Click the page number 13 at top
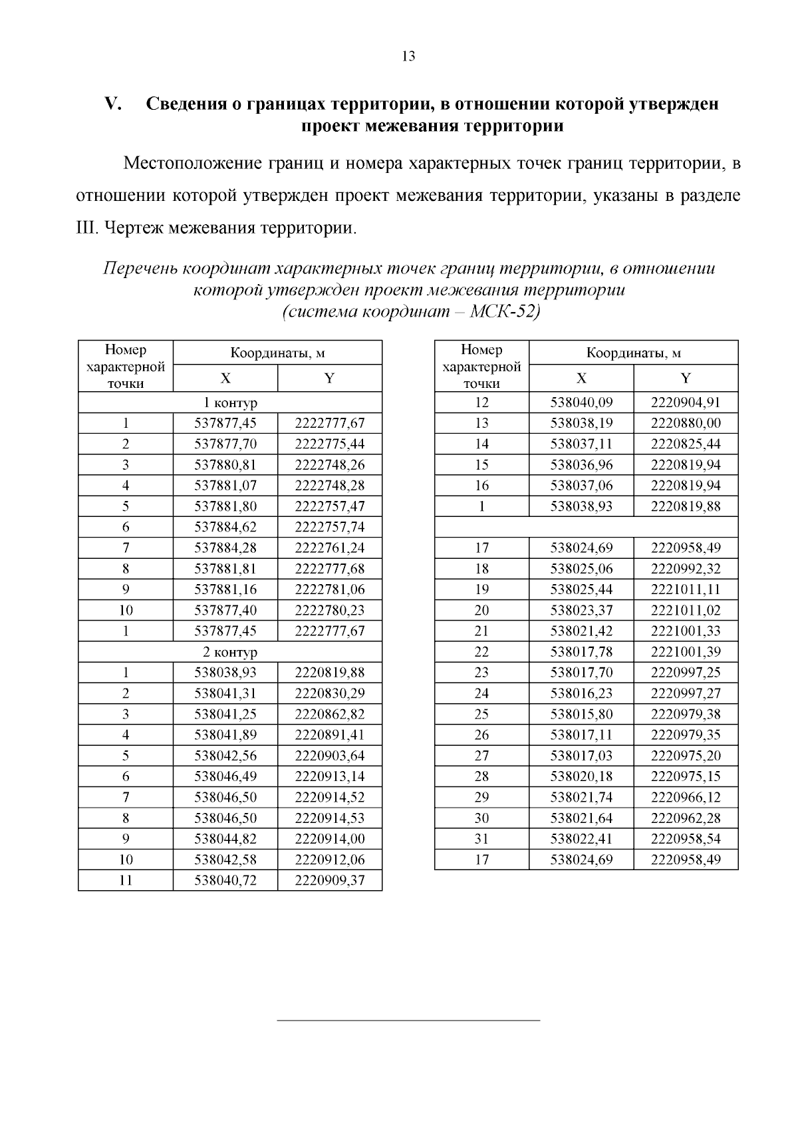point(408,57)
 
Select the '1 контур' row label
point(230,403)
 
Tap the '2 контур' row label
point(230,652)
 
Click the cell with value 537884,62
point(225,528)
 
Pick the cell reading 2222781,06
point(329,589)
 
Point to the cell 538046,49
point(225,776)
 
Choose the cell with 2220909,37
point(329,881)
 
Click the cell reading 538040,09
point(581,403)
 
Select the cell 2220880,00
point(685,423)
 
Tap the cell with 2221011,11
point(685,589)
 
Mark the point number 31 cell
point(481,839)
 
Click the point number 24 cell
point(481,693)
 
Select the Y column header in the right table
point(685,379)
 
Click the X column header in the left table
point(225,379)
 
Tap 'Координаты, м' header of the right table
point(633,353)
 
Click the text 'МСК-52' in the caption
point(503,312)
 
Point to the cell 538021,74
point(581,797)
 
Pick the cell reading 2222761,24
point(329,548)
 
